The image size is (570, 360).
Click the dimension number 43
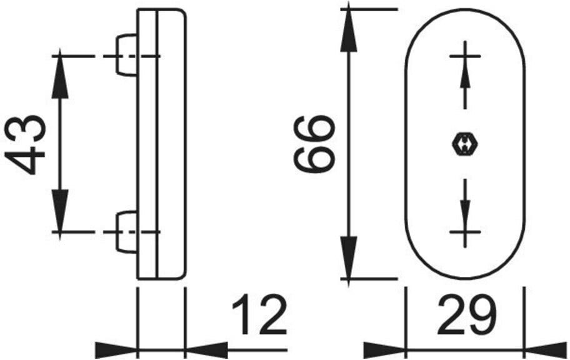click(x=25, y=145)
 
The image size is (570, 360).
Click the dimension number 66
click(x=313, y=144)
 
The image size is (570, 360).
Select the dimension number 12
click(x=259, y=315)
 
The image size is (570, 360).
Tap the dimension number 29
click(x=467, y=315)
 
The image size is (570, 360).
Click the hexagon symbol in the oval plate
click(x=464, y=144)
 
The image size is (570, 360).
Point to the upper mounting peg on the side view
click(x=126, y=56)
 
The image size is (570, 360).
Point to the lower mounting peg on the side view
click(x=126, y=232)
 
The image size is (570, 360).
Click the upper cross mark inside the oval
click(x=465, y=56)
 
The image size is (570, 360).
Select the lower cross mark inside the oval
click(x=465, y=232)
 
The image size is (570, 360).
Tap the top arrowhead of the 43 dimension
click(x=60, y=77)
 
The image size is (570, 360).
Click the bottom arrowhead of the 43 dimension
click(x=60, y=211)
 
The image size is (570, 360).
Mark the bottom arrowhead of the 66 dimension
click(x=349, y=257)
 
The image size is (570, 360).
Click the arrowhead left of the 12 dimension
click(x=116, y=350)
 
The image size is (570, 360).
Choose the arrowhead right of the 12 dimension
click(x=206, y=350)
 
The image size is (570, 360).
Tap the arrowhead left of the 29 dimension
click(x=384, y=350)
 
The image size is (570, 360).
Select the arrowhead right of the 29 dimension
click(x=546, y=350)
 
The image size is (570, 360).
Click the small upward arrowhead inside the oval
click(x=465, y=77)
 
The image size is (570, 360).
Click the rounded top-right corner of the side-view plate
click(x=184, y=12)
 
